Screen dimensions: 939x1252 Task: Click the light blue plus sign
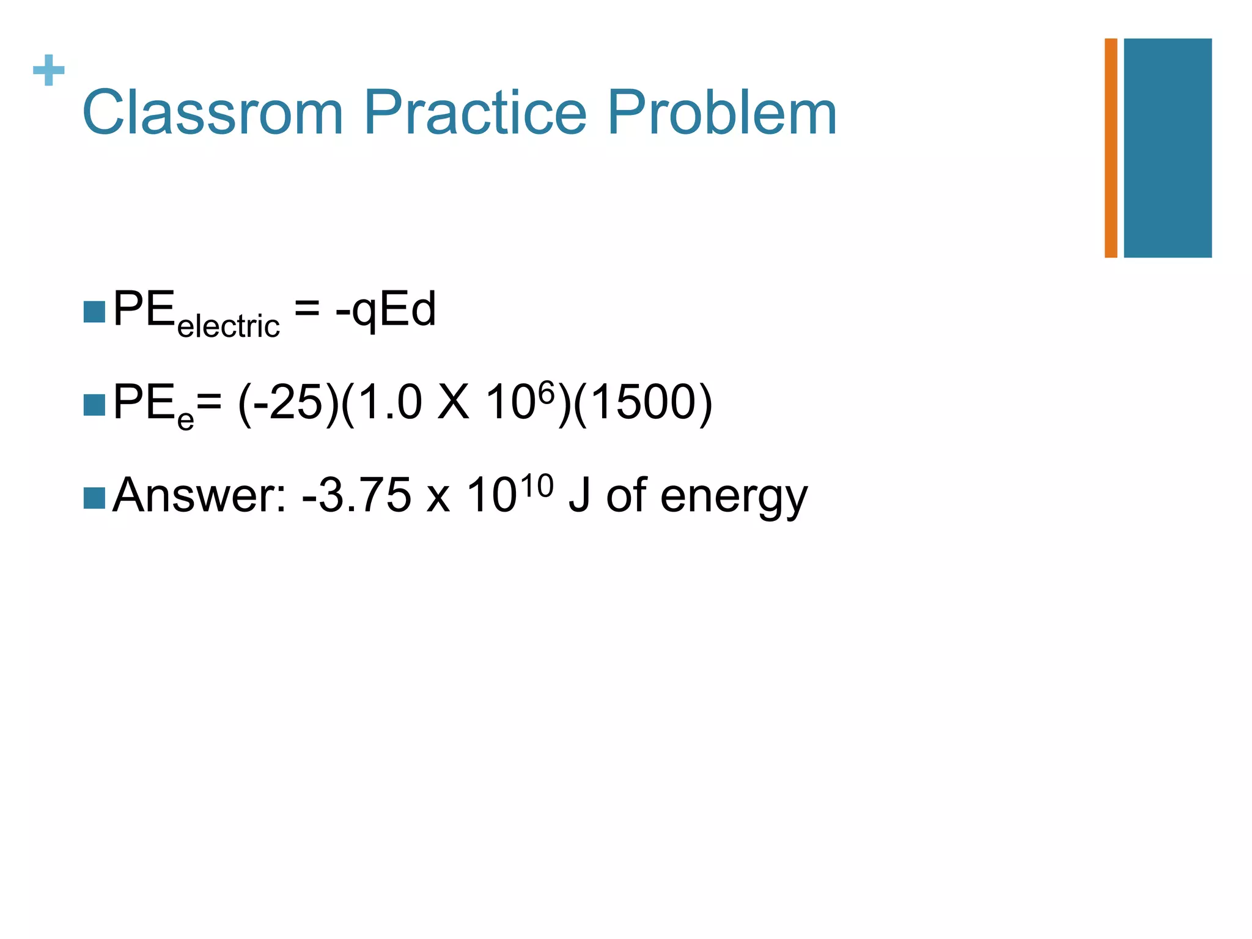click(x=49, y=70)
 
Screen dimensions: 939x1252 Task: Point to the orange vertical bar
click(x=1111, y=148)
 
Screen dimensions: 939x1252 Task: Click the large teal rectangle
click(x=1168, y=148)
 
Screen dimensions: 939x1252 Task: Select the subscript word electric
click(x=228, y=326)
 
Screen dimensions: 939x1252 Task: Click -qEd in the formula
click(x=386, y=310)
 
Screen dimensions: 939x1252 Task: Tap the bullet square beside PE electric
click(x=94, y=312)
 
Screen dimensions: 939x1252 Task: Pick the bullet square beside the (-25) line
click(x=94, y=405)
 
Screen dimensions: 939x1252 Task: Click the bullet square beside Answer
click(x=94, y=498)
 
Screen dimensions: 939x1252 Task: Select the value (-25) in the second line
click(x=288, y=403)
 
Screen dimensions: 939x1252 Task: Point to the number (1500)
click(x=643, y=403)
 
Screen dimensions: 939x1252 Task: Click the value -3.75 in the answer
click(x=357, y=495)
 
